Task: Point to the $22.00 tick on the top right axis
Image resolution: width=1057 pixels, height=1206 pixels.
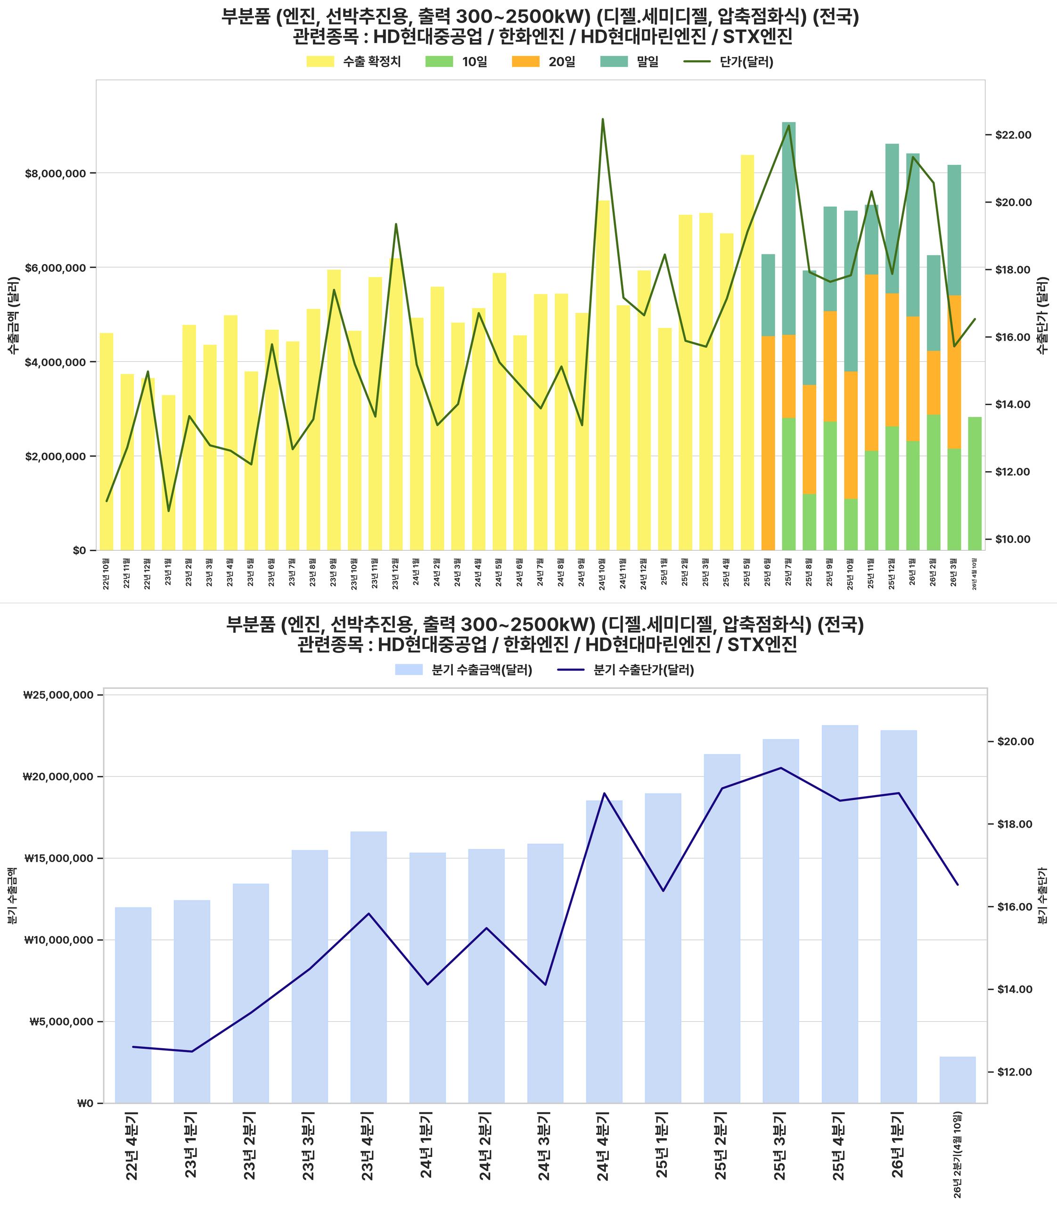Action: [1013, 135]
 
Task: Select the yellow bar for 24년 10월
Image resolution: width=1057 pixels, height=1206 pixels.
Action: [603, 377]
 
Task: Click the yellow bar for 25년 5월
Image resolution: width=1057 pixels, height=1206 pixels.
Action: [747, 354]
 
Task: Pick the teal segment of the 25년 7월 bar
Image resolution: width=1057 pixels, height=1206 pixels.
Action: [788, 230]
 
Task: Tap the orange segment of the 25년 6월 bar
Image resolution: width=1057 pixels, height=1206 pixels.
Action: [768, 442]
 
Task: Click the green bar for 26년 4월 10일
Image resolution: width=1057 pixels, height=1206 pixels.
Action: [975, 484]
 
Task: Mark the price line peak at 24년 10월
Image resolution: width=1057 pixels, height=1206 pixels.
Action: [603, 119]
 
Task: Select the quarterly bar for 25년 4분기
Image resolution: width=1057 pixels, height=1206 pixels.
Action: [840, 913]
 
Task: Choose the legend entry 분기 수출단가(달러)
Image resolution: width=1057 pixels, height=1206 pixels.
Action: [643, 670]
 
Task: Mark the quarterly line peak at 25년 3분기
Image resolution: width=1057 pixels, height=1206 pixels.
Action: [781, 768]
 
